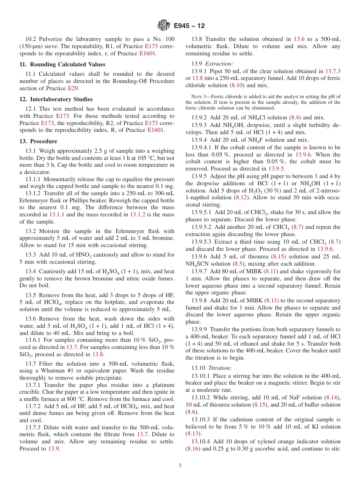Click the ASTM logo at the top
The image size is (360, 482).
164,26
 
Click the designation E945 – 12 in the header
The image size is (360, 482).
189,26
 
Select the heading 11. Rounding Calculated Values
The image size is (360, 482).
62,64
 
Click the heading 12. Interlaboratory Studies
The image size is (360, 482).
56,99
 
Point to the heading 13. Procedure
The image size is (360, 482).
38,141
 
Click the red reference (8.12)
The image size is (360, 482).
241,198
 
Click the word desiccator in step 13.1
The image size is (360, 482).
37,172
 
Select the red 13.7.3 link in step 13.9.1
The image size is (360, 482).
333,71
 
